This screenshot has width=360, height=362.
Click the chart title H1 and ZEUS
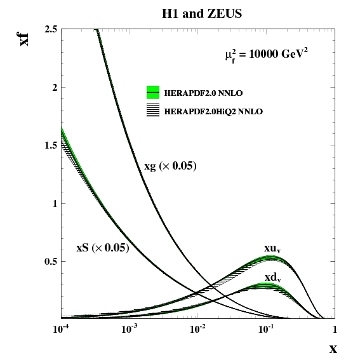click(202, 13)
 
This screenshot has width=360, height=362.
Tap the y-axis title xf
click(23, 39)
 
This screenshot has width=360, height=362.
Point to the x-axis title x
click(333, 349)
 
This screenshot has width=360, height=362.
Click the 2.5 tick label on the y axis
click(51, 30)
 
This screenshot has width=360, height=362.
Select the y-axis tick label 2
click(55, 88)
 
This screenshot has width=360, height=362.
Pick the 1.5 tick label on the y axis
click(51, 145)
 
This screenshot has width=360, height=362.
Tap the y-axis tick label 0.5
click(51, 262)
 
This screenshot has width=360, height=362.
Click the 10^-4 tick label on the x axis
click(62, 329)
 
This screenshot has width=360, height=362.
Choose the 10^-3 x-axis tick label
click(130, 329)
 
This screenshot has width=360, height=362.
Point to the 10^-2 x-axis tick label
click(198, 329)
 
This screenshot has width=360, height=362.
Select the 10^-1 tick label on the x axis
click(267, 329)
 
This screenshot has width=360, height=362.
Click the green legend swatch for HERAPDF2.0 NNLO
click(153, 92)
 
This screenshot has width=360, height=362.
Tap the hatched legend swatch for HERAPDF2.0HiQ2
click(153, 110)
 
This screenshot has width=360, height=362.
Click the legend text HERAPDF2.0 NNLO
click(203, 93)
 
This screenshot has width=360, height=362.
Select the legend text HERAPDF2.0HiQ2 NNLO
click(213, 112)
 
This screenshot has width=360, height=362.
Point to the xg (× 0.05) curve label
click(170, 166)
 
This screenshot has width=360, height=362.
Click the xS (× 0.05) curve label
click(103, 248)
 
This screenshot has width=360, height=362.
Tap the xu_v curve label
click(272, 249)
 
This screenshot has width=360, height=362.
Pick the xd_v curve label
click(273, 278)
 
